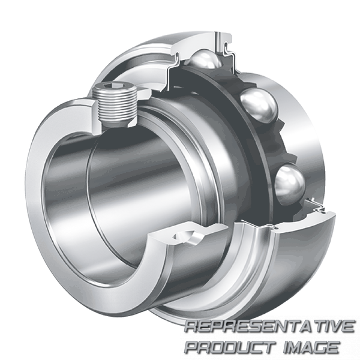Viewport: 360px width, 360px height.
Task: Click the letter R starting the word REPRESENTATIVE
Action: [x=190, y=328]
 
